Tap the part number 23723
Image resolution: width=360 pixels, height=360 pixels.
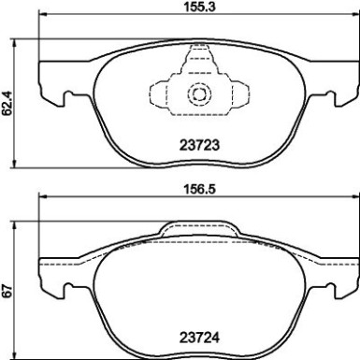[198, 144]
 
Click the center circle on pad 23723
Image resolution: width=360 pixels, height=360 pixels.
[198, 94]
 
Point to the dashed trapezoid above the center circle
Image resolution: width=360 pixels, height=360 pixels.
[198, 67]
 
